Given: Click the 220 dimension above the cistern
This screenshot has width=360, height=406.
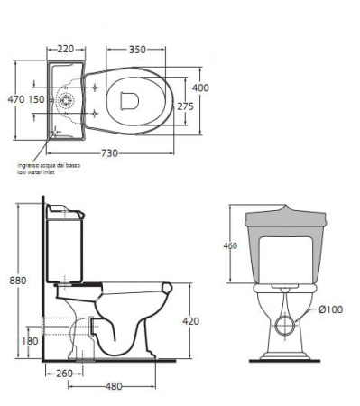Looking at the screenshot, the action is [x=65, y=49].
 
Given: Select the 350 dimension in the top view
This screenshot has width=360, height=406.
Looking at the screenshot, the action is [x=137, y=50].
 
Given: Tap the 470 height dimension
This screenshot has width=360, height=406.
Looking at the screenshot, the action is [x=16, y=99].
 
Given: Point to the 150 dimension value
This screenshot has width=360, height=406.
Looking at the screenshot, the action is [x=37, y=99].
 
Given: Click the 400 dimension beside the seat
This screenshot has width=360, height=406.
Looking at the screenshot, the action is [x=200, y=88].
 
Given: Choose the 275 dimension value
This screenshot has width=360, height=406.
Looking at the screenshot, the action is [x=186, y=106].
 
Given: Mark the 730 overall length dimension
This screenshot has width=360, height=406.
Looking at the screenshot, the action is [x=109, y=153].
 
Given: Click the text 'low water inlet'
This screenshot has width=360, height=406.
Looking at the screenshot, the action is [x=36, y=172].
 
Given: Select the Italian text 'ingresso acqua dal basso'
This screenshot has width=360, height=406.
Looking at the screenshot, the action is [x=49, y=165].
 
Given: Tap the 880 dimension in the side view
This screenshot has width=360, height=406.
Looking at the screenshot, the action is [x=18, y=281].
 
